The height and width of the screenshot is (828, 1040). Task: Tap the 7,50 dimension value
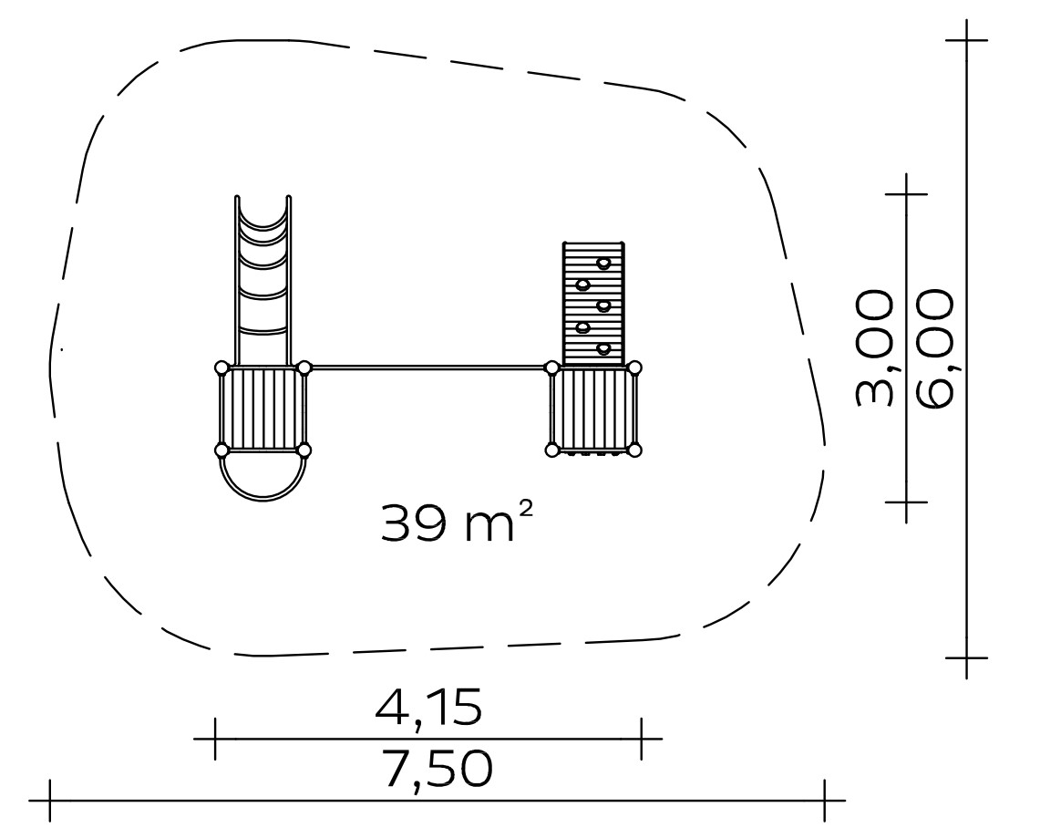438,769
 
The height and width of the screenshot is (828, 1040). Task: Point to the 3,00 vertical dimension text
873,347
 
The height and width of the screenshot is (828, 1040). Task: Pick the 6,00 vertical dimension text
934,347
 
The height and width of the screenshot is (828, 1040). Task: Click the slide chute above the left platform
263,279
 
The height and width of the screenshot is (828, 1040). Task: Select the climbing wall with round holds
593,303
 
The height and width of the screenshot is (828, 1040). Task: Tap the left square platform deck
263,409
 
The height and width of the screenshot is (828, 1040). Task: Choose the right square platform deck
593,409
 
